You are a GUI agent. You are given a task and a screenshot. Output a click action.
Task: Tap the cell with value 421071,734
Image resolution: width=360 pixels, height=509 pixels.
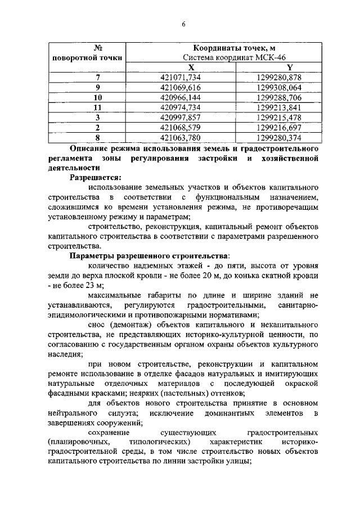tap(176, 77)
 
